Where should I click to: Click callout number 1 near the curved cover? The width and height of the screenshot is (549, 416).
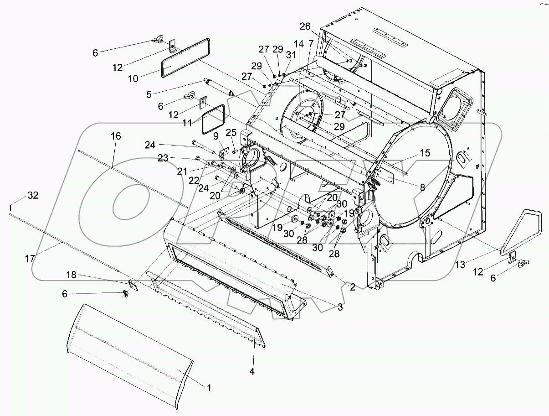point(209,388)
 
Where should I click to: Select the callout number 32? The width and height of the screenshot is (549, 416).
point(33,195)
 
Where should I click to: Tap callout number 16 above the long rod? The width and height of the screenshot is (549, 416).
point(116,136)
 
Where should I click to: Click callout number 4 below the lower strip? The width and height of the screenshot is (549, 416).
point(252,372)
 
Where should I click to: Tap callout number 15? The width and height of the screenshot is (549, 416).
point(425,153)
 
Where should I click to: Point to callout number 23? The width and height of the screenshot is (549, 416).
point(163,158)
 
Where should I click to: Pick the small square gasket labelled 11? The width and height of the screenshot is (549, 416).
point(213,116)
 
